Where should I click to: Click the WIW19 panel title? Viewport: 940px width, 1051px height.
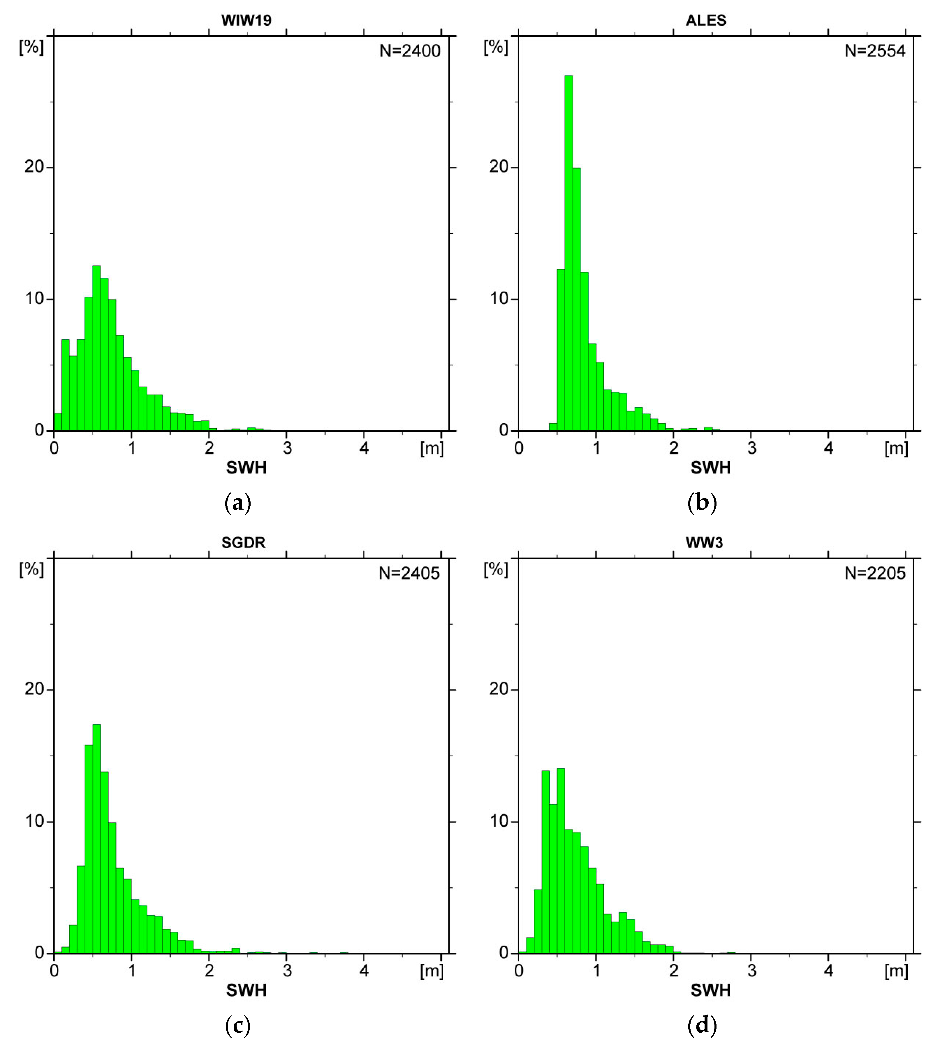click(x=246, y=20)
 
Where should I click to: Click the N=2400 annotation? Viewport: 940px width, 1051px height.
click(x=410, y=51)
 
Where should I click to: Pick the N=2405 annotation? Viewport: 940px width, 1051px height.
click(x=409, y=573)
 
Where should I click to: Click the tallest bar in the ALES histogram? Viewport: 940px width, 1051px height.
click(x=569, y=253)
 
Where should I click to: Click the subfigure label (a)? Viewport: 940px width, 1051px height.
click(x=238, y=503)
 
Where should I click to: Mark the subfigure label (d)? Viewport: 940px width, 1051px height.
click(x=703, y=1025)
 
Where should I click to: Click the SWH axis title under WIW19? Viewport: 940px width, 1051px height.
click(x=246, y=468)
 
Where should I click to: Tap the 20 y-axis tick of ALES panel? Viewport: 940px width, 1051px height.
click(x=499, y=167)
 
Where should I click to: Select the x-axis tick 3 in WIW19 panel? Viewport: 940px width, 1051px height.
click(x=287, y=448)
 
